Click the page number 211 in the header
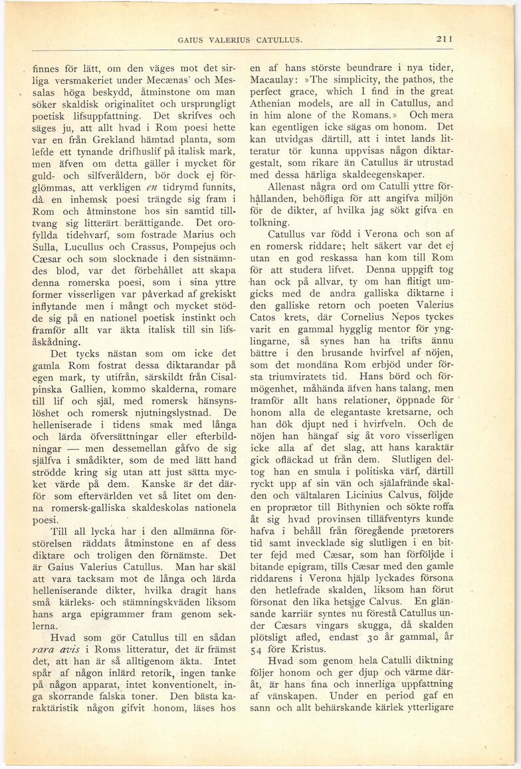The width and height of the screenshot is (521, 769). pos(445,39)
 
